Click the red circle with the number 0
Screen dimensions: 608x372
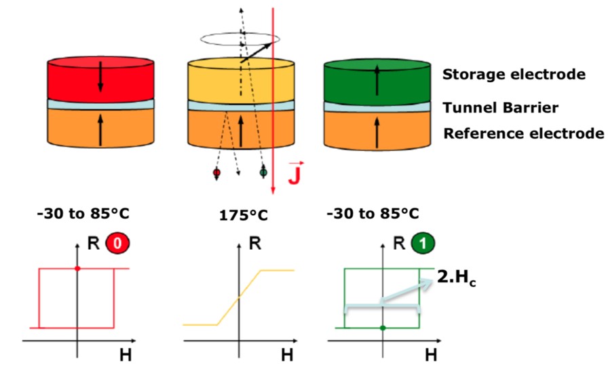click(x=117, y=243)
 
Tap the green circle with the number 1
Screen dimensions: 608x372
click(x=423, y=243)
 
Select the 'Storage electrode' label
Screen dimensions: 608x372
click(x=514, y=74)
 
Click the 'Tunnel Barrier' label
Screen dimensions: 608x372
click(x=501, y=107)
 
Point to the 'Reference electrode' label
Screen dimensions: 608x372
click(x=523, y=134)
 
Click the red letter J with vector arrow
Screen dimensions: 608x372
click(x=295, y=172)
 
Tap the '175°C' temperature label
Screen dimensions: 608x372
click(x=244, y=215)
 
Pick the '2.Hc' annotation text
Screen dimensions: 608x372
click(x=457, y=278)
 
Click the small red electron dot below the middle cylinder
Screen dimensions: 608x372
click(x=216, y=172)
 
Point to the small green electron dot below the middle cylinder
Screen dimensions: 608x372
click(x=263, y=172)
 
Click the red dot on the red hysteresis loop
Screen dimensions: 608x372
click(x=77, y=268)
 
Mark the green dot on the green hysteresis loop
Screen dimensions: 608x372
click(x=383, y=328)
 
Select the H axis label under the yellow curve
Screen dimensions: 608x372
click(x=287, y=355)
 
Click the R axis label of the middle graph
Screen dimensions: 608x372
click(x=254, y=244)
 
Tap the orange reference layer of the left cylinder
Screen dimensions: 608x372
click(x=100, y=128)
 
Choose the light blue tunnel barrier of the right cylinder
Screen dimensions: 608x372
click(x=377, y=107)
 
